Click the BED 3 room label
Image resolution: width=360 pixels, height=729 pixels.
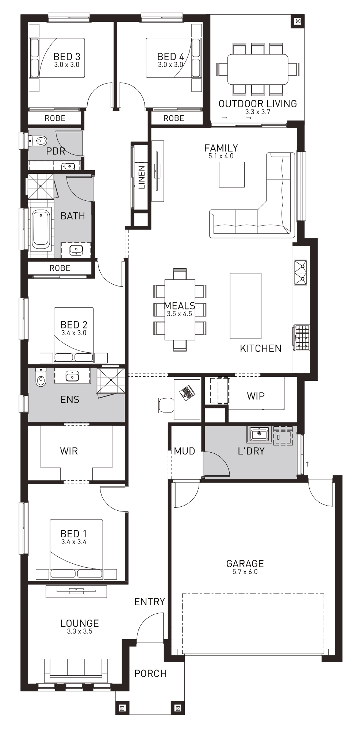pyautogui.click(x=67, y=57)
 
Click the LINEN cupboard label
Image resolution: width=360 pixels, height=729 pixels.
pyautogui.click(x=142, y=177)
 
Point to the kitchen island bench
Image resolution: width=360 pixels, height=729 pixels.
pyautogui.click(x=245, y=306)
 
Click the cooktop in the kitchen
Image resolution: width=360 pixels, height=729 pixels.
pyautogui.click(x=301, y=338)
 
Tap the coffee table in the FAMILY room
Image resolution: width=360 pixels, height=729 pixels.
pyautogui.click(x=231, y=174)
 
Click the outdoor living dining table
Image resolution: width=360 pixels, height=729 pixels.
pyautogui.click(x=258, y=69)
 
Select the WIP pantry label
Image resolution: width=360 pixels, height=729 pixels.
pyautogui.click(x=256, y=396)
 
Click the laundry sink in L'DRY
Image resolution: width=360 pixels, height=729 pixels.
pyautogui.click(x=260, y=434)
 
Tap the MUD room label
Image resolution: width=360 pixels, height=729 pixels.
pyautogui.click(x=184, y=451)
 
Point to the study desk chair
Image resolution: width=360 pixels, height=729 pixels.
pyautogui.click(x=166, y=405)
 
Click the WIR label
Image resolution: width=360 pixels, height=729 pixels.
pyautogui.click(x=69, y=451)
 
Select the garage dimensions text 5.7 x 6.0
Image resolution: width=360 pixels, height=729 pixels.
pyautogui.click(x=245, y=572)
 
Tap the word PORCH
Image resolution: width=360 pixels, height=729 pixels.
pyautogui.click(x=150, y=674)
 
